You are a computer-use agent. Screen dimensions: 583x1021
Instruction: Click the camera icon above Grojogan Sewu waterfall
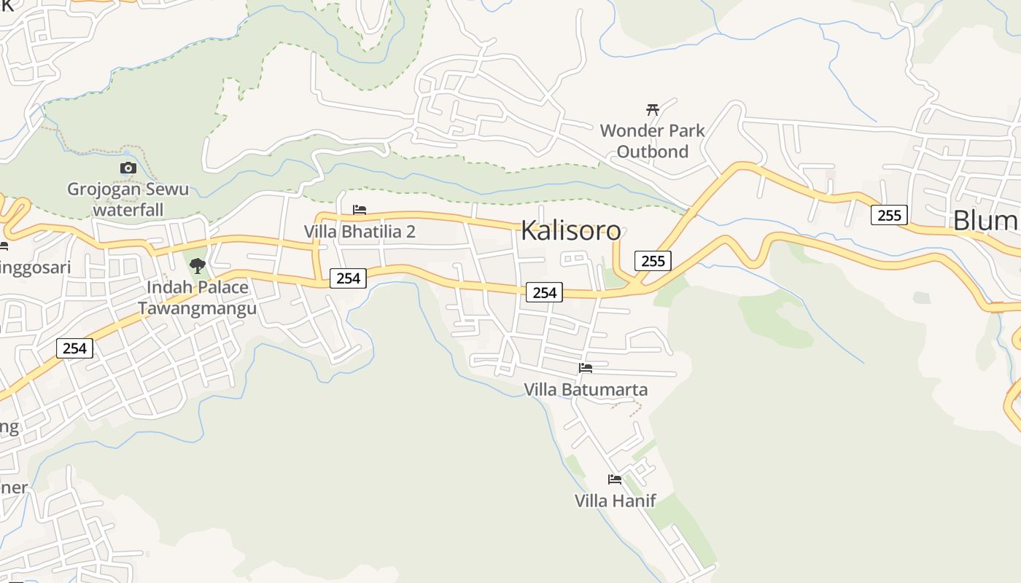tap(128, 168)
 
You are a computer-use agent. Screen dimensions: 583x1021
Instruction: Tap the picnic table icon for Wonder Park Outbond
tap(653, 110)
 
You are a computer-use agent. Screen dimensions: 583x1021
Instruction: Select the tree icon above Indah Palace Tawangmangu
tap(197, 266)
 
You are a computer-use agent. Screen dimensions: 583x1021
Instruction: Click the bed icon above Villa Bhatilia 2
tap(360, 210)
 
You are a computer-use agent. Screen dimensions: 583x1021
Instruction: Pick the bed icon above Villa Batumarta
tap(586, 368)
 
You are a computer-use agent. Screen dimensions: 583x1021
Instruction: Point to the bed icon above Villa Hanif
tap(615, 480)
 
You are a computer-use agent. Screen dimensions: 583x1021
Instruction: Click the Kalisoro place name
tap(571, 231)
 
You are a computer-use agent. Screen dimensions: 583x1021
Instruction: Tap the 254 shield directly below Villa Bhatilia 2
tap(349, 278)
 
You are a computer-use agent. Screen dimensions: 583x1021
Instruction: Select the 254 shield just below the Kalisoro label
tap(545, 292)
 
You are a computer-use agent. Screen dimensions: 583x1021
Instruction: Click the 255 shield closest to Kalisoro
tap(653, 261)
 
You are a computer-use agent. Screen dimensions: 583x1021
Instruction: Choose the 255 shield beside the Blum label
tap(889, 215)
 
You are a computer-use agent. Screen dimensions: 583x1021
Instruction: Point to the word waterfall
tap(128, 210)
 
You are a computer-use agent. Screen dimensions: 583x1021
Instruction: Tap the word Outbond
tap(653, 152)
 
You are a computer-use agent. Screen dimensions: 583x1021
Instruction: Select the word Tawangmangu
tap(198, 308)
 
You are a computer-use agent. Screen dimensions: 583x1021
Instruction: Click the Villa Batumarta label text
tap(586, 389)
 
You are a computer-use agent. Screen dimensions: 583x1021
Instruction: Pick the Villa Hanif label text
tap(615, 501)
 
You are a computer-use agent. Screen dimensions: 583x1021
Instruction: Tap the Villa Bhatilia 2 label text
tap(360, 232)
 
